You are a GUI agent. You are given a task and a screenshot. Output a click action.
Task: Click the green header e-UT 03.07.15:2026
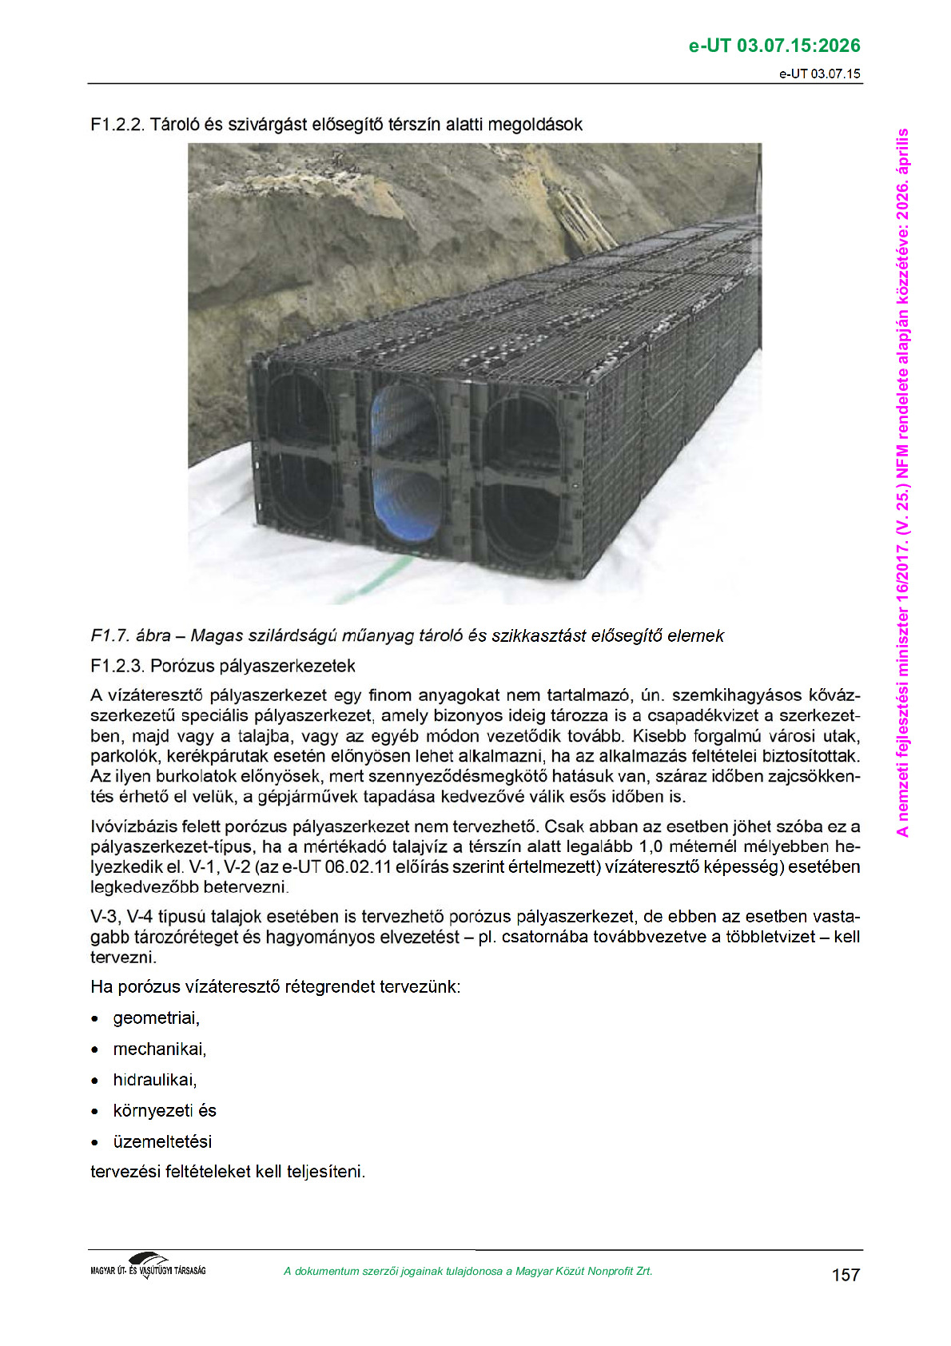click(774, 46)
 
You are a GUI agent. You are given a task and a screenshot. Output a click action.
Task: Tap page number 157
click(846, 1274)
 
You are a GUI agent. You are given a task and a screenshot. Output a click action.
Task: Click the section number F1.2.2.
click(117, 125)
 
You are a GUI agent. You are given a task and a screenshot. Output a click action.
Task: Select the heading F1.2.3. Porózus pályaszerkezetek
click(223, 666)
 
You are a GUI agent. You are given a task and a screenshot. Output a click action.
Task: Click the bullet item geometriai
click(156, 1018)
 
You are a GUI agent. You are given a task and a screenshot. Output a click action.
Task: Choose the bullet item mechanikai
click(159, 1049)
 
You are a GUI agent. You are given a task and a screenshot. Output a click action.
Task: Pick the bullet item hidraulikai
click(154, 1080)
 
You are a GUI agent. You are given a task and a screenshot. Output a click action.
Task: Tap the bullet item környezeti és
click(164, 1110)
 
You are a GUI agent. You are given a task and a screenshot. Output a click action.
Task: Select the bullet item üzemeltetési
click(162, 1141)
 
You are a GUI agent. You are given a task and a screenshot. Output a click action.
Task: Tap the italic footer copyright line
click(468, 1271)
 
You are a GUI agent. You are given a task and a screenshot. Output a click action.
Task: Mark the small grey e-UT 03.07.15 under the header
click(820, 74)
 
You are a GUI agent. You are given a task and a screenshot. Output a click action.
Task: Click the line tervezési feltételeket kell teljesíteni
click(228, 1172)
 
